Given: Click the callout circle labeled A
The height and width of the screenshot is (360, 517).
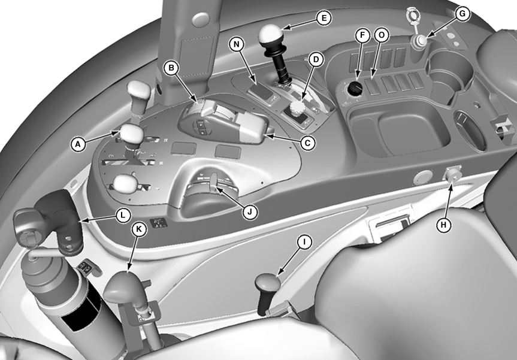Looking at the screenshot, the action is point(78,144).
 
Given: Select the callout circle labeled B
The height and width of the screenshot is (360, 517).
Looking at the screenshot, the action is point(171,68).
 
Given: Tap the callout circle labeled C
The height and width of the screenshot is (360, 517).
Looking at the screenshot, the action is point(307,143).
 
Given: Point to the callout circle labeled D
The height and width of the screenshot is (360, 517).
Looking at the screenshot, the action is point(316,60).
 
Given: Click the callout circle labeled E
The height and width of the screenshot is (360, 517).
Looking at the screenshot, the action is point(323,18).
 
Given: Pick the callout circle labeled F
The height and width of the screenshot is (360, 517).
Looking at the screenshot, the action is point(362,35).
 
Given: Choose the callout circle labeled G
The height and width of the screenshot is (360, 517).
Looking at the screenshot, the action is point(462,14).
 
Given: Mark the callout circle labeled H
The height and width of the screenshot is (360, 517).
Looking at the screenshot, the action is point(444,225).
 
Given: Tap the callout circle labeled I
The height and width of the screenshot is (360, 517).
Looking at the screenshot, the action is point(304,242).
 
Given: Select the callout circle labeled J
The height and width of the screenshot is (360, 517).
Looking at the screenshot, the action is point(250,212).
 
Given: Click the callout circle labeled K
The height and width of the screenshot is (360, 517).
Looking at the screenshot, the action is point(139,228).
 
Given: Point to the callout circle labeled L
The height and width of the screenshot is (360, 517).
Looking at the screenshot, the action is point(123,215).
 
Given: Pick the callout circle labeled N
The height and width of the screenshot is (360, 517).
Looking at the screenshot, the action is point(237,44).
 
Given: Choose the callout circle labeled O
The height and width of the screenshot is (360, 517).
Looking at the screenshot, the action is point(382,35).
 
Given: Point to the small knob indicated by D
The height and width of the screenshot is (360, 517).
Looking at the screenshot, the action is point(298,108).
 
